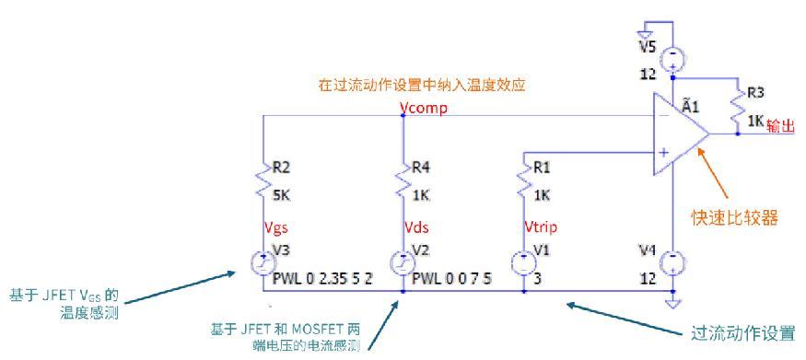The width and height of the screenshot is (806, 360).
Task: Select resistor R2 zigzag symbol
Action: pos(263,180)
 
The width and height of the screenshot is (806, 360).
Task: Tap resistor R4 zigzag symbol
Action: pos(403,180)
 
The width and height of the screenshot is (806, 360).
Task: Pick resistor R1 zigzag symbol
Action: pos(523,180)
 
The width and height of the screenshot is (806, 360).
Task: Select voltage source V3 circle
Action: pos(263,263)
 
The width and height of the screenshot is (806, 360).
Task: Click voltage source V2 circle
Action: pos(403,263)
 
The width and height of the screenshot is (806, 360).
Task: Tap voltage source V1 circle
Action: pos(523,263)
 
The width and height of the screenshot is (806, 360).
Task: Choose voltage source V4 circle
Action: pos(672,263)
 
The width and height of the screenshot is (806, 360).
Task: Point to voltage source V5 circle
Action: pos(672,59)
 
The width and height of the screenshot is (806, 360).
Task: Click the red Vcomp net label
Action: pos(423,109)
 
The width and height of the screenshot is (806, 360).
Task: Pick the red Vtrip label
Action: pos(540,227)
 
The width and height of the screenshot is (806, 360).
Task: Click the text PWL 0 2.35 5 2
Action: pos(322,279)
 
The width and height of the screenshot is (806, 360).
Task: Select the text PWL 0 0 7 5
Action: pos(452,279)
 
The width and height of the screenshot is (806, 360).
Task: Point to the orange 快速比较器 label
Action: pos(734,217)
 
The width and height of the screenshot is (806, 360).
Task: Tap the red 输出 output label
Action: pos(781,125)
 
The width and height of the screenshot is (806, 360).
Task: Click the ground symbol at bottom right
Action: pos(672,301)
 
